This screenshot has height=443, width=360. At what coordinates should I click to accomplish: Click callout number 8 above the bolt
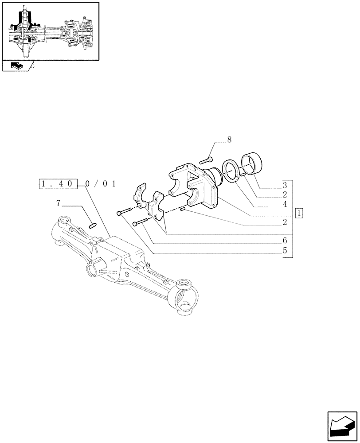point(229,140)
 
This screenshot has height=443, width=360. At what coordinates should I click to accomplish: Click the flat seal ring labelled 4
point(232,171)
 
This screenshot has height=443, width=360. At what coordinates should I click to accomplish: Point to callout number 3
point(285,185)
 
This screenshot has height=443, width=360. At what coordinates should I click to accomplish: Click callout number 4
point(285,204)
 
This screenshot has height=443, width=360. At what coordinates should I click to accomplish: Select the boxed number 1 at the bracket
point(300,213)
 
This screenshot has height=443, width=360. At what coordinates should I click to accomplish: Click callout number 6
point(285,240)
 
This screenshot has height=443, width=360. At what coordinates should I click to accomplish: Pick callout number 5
point(285,250)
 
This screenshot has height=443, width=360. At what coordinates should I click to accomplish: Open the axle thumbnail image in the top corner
point(50,31)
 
